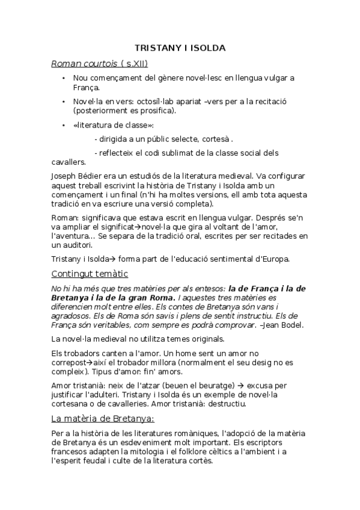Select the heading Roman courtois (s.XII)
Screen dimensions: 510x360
pyautogui.click(x=99, y=63)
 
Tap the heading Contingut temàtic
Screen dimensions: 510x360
pyautogui.click(x=90, y=274)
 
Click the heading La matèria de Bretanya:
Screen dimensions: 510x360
pyautogui.click(x=102, y=418)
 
